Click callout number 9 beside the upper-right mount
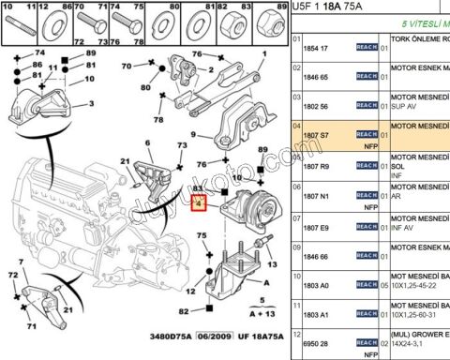(x=194, y=137)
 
